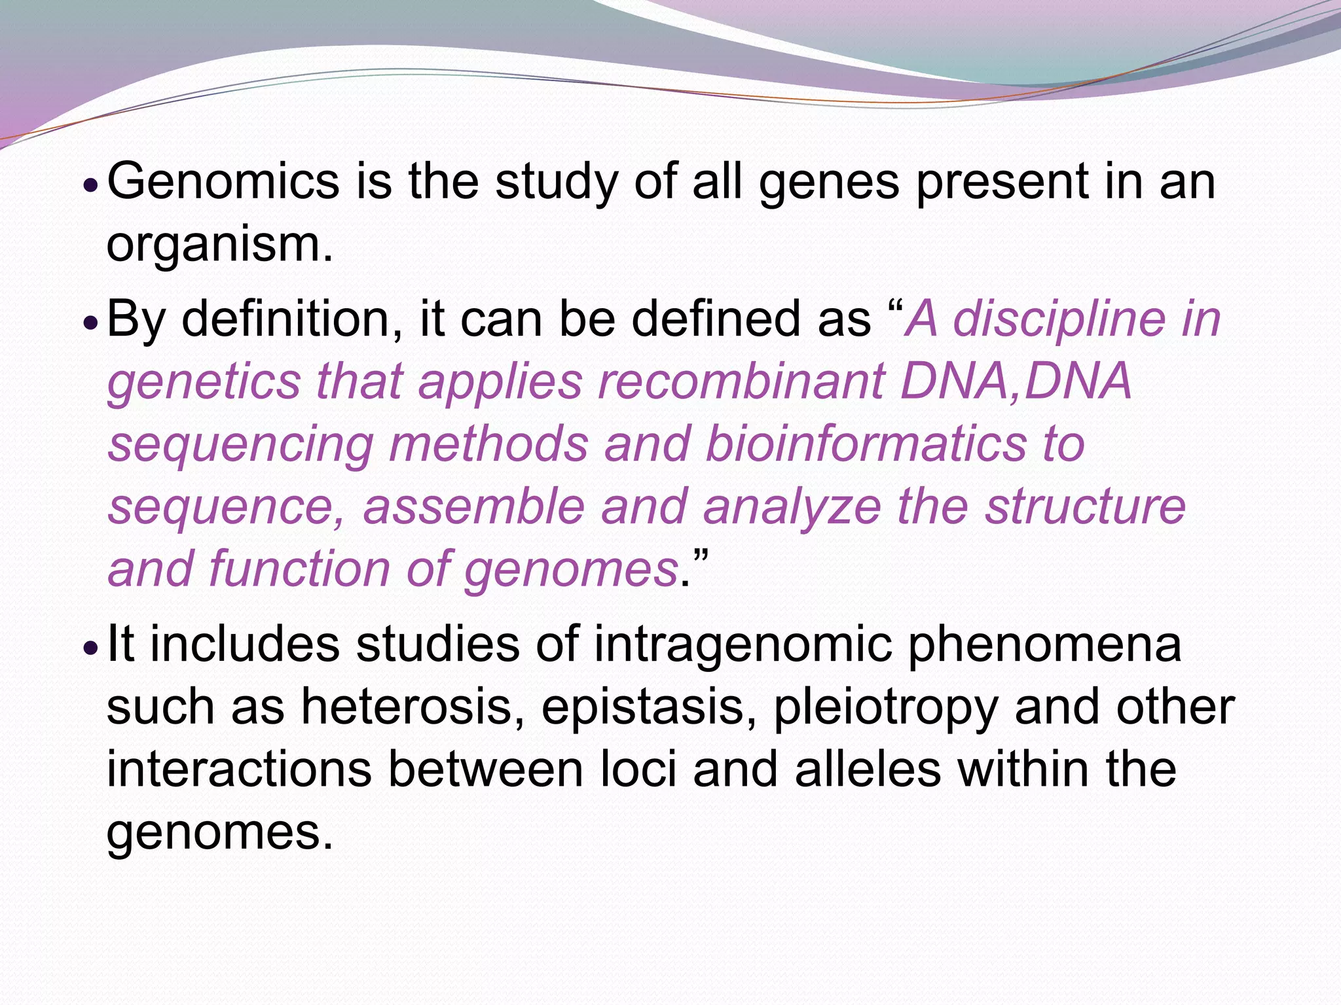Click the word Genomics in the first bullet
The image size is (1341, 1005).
coord(223,182)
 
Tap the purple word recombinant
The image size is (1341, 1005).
coord(741,381)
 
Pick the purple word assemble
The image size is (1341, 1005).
coord(473,506)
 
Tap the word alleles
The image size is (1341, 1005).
coord(868,769)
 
